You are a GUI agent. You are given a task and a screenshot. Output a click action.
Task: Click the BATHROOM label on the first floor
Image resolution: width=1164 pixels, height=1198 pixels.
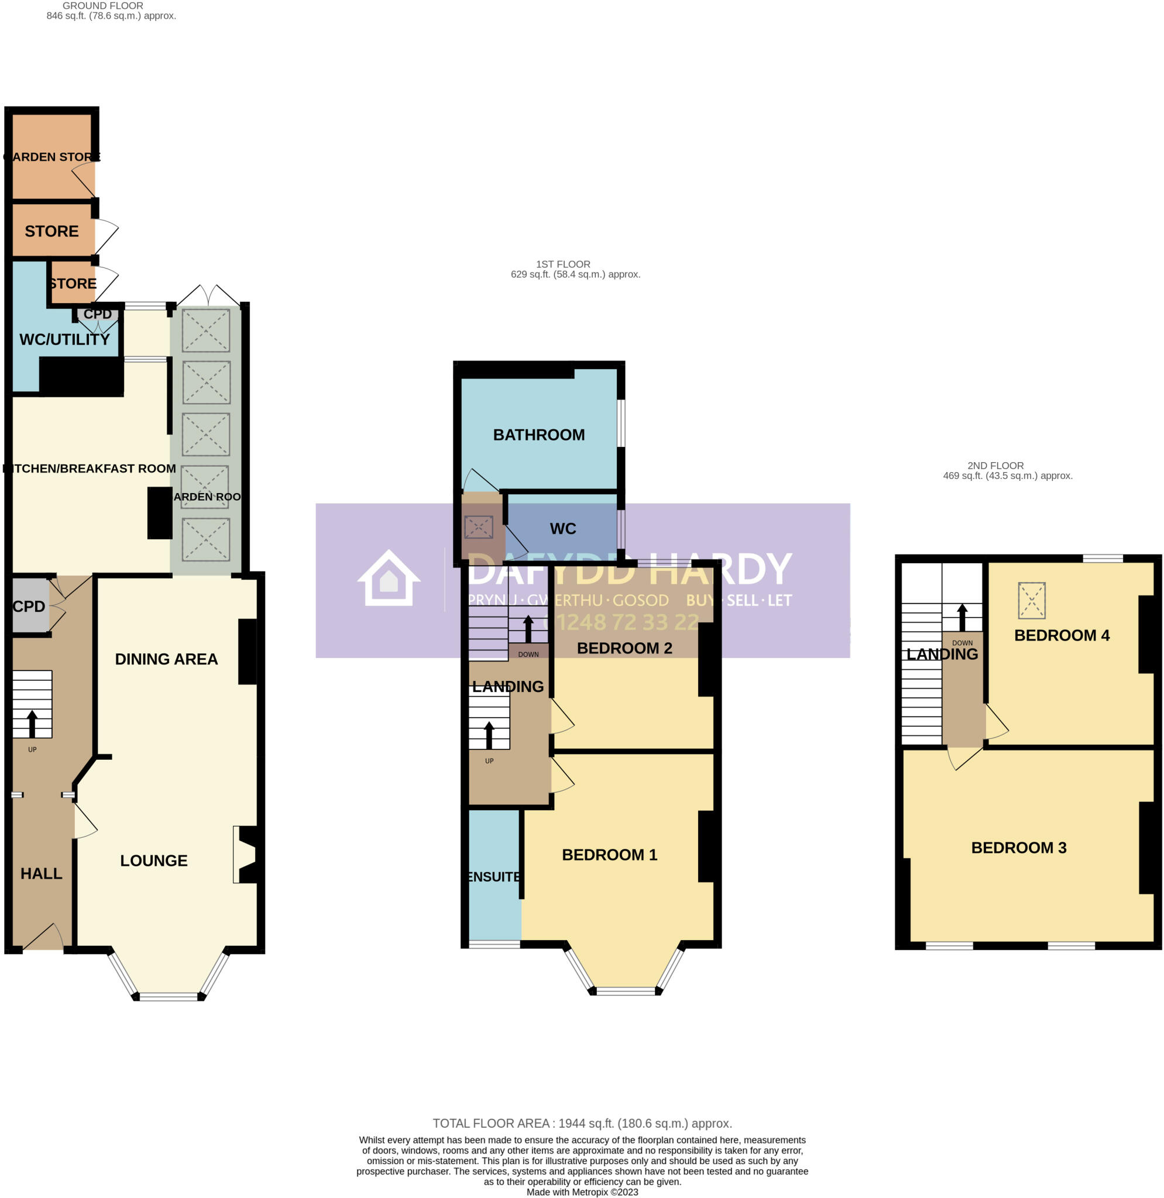(538, 435)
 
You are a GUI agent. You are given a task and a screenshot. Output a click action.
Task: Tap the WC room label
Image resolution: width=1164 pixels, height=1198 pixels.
(562, 529)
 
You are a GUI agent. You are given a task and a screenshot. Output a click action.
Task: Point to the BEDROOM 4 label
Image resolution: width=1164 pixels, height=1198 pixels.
(1062, 635)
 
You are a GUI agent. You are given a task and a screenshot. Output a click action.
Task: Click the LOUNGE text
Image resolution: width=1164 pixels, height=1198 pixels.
(153, 860)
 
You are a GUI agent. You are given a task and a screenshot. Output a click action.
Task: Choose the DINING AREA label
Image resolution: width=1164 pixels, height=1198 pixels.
(166, 659)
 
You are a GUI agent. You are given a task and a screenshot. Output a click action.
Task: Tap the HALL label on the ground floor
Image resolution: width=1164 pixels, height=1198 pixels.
(42, 873)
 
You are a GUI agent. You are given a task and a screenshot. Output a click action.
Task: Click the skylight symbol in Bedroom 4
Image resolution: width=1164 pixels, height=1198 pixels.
(1031, 600)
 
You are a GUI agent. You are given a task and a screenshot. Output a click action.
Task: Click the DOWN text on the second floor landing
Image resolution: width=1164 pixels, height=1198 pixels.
(962, 643)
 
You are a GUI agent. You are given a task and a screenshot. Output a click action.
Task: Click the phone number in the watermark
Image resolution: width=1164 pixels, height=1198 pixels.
(620, 622)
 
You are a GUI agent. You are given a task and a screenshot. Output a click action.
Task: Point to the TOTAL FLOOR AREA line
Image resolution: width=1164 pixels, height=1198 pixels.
(582, 1124)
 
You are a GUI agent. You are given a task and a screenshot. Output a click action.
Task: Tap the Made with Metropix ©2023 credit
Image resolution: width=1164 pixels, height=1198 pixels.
(582, 1192)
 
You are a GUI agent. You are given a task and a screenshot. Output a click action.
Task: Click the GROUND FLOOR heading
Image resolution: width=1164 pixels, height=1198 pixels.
(103, 5)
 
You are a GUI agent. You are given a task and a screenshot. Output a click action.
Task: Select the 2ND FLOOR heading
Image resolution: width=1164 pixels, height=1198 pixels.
(995, 466)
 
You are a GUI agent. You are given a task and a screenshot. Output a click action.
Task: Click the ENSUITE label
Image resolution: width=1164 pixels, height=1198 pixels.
(494, 876)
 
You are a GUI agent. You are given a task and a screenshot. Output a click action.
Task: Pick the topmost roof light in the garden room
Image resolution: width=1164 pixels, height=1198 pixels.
(206, 330)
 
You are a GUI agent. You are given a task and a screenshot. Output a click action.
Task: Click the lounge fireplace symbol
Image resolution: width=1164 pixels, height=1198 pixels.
(246, 855)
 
